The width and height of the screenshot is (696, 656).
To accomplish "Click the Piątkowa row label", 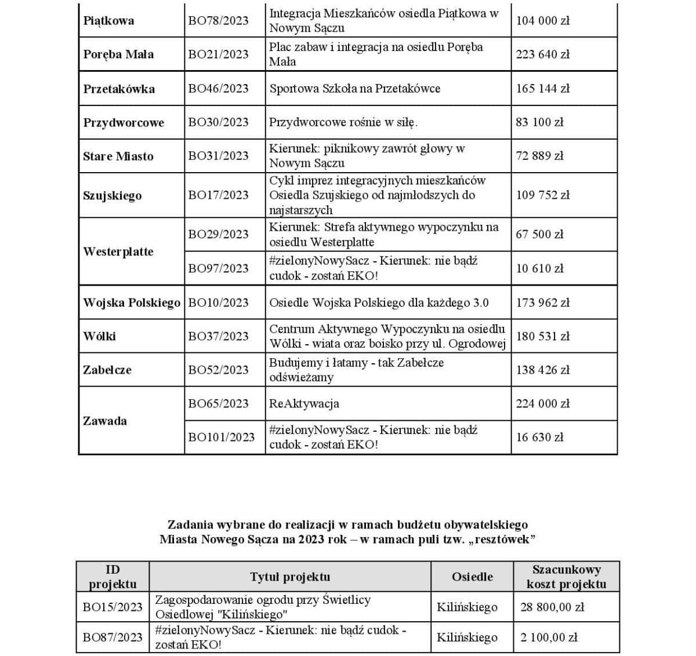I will click(x=108, y=21).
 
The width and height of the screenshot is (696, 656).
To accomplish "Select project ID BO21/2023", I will click(x=218, y=54).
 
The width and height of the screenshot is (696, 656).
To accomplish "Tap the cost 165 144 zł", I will click(x=543, y=89).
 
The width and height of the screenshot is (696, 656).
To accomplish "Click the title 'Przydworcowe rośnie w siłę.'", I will click(x=343, y=122).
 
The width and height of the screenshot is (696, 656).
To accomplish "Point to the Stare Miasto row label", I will click(x=118, y=156).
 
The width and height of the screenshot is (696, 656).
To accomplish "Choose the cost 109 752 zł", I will click(x=543, y=195).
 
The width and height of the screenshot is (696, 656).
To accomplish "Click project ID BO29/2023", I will click(x=218, y=235).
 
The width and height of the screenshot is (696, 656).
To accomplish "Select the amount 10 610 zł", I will click(x=539, y=268).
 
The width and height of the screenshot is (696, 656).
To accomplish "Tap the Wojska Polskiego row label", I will click(x=132, y=303).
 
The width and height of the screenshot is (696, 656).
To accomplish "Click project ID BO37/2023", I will click(x=218, y=336).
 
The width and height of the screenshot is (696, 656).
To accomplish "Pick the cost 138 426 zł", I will click(x=543, y=370).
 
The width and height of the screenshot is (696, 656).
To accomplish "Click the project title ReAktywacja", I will click(x=304, y=404).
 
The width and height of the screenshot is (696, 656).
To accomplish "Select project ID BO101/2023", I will click(x=221, y=438).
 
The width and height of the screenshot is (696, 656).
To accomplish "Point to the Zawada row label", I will click(x=105, y=421).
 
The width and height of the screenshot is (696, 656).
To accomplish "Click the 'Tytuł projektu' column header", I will click(x=290, y=577).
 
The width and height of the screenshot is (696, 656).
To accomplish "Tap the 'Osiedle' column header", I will click(x=472, y=577).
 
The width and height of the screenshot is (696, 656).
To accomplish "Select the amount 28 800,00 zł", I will click(x=552, y=607).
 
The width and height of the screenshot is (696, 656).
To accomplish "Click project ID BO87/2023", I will click(x=113, y=637).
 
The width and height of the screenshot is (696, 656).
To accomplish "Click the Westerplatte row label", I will click(x=118, y=252).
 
